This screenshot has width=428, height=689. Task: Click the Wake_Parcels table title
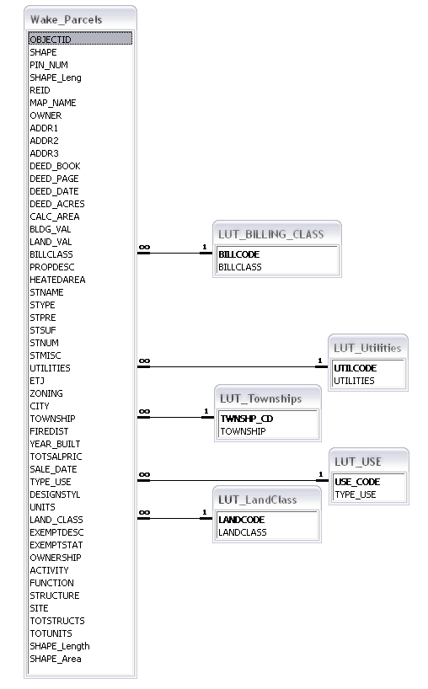point(66,19)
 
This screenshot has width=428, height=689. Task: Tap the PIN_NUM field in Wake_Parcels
point(49,65)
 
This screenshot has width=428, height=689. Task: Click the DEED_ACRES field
point(57,204)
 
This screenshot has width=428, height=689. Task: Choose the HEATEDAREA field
point(57,280)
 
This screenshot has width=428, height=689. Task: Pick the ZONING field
point(46,393)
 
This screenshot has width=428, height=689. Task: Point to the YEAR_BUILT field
point(55,444)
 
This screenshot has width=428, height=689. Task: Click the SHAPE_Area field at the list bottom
point(56,660)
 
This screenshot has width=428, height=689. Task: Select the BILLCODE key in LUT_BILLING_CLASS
point(239,254)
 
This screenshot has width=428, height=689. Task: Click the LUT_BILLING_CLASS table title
point(271,234)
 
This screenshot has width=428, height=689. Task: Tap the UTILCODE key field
point(355,368)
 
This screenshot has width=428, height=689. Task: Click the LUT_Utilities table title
point(367,348)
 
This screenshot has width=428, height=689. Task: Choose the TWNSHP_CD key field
point(247,419)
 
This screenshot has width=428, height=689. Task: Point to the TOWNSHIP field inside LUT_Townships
point(243,431)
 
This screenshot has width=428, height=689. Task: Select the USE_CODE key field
point(357,482)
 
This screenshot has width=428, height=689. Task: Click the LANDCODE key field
point(241,520)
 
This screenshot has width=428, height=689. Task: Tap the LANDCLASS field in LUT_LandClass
point(243,532)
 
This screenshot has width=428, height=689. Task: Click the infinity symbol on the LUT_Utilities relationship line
point(144,361)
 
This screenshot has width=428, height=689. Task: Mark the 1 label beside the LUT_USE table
point(321,474)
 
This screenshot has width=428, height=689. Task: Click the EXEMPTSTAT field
point(56,545)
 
